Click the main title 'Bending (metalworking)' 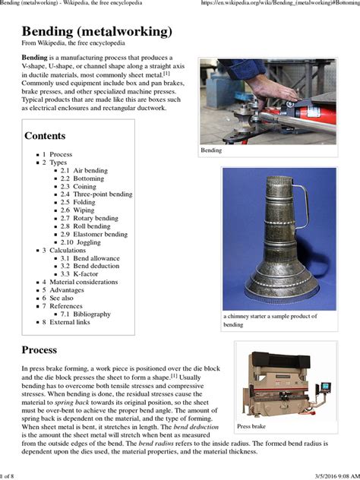point(96,31)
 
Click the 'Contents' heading point(45,136)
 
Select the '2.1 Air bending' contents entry point(84,171)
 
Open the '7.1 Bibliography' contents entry point(85,314)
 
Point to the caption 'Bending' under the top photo point(211,150)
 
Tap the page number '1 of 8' point(8,475)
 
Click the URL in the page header point(280,5)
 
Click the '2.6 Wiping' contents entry point(78,210)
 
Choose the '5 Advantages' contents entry point(62,289)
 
